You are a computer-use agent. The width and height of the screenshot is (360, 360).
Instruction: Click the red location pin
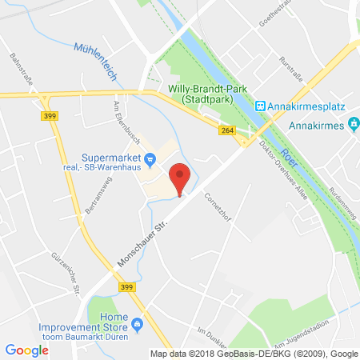181,175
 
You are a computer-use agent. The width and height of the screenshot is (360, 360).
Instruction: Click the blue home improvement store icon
138,325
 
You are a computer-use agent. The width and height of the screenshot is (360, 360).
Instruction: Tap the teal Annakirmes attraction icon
352,125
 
